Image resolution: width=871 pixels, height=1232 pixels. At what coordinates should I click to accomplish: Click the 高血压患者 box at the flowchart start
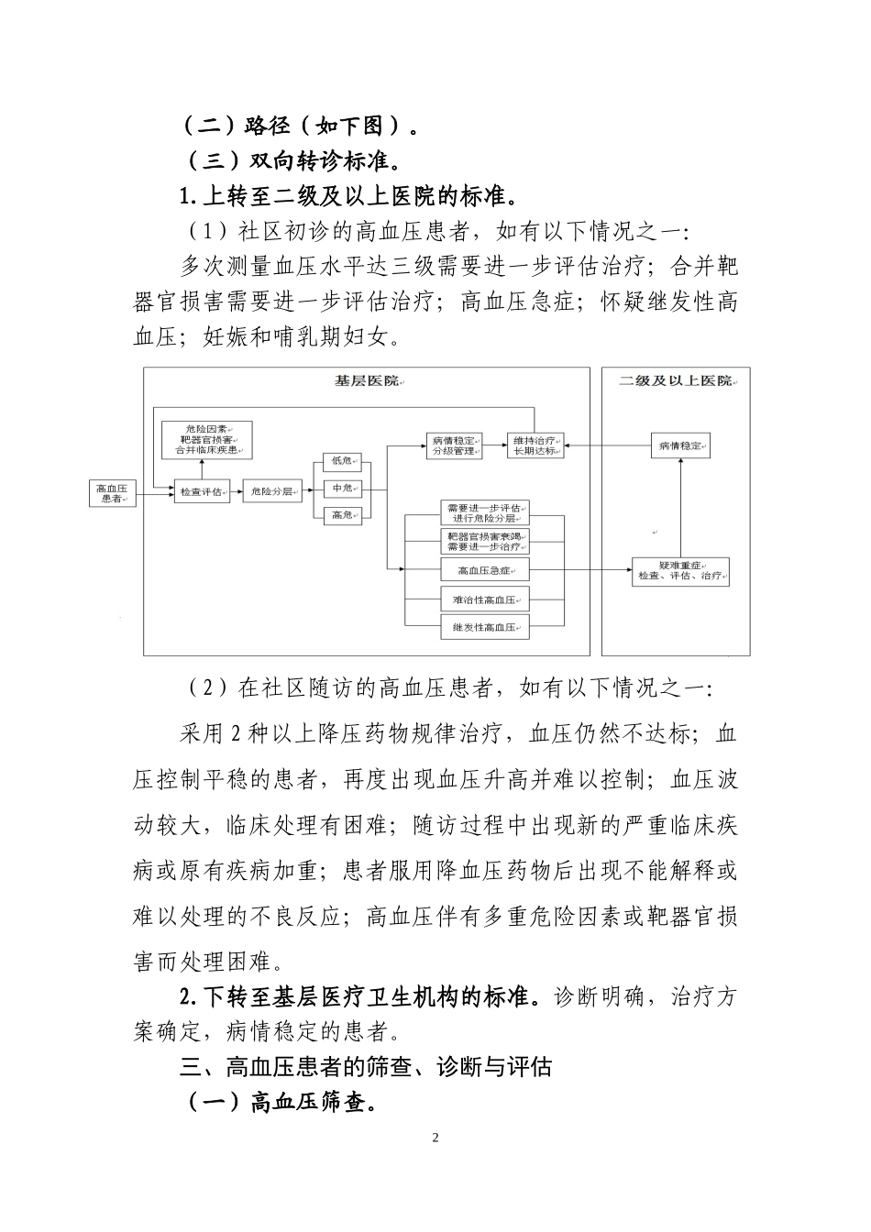click(x=112, y=492)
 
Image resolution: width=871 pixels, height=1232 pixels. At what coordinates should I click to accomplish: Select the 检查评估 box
click(x=201, y=492)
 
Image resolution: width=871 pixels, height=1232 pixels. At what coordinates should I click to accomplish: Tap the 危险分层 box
click(x=272, y=492)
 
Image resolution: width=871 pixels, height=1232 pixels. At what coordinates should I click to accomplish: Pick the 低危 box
click(x=343, y=460)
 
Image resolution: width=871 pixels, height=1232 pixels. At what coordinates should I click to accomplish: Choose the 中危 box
click(x=343, y=488)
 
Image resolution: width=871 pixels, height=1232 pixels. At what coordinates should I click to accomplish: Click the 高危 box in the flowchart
click(x=343, y=515)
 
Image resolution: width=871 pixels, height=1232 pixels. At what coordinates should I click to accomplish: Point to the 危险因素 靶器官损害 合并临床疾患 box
click(x=206, y=440)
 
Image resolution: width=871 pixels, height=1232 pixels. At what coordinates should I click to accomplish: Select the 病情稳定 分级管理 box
click(x=453, y=445)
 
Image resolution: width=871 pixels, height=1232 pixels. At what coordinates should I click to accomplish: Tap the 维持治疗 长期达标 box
click(x=535, y=445)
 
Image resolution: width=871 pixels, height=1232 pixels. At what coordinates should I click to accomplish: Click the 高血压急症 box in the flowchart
click(x=484, y=571)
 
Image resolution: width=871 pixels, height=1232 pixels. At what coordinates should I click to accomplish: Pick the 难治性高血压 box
click(x=484, y=600)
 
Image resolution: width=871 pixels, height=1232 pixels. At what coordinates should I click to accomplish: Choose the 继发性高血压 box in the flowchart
click(x=484, y=628)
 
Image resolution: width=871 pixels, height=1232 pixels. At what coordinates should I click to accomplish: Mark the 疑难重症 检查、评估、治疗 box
click(x=680, y=571)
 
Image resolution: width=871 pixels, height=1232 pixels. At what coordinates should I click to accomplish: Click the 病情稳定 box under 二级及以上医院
click(x=680, y=445)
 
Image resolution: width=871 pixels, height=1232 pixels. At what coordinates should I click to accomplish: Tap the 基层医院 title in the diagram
click(x=366, y=380)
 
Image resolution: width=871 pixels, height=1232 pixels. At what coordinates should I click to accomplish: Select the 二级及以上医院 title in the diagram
click(x=676, y=380)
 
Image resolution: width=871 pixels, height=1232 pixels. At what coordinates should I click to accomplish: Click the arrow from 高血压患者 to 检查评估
click(x=155, y=493)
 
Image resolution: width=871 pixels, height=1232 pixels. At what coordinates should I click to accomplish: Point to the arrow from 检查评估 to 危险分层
click(x=237, y=493)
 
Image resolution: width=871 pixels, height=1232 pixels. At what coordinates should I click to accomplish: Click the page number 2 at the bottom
click(x=435, y=1138)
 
